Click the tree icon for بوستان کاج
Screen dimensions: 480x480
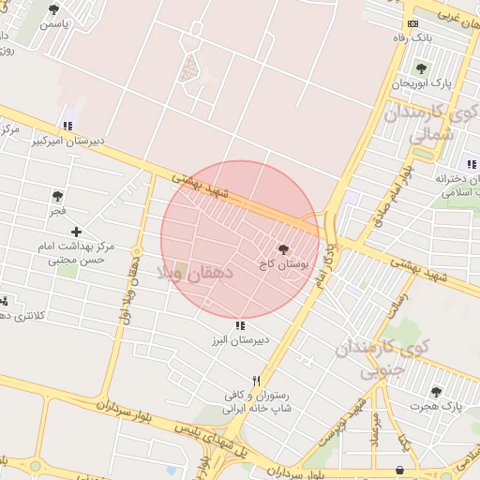[x=283, y=249]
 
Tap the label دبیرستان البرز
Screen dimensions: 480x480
[x=239, y=340]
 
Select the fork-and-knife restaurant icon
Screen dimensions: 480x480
[x=256, y=382]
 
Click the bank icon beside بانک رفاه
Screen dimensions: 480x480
[x=412, y=23]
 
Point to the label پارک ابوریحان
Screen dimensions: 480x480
[x=421, y=83]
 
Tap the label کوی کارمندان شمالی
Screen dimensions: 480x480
[x=419, y=124]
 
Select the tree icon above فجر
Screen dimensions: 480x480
[x=58, y=196]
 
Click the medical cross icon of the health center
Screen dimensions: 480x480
[x=76, y=231]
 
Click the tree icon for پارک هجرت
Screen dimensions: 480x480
[x=436, y=391]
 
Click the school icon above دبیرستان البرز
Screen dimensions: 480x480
[x=240, y=325]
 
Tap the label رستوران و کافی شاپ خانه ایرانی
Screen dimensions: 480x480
[x=257, y=402]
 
